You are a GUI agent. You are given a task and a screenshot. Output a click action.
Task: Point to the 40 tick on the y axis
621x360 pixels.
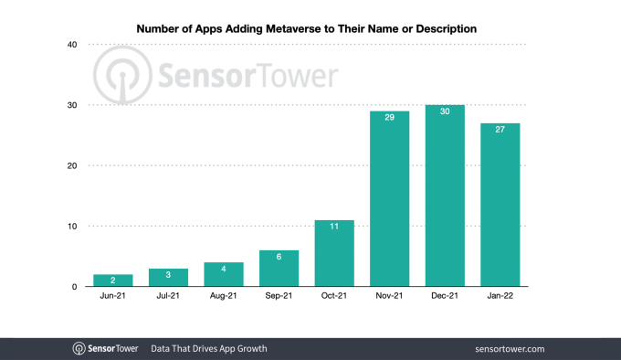[71, 45]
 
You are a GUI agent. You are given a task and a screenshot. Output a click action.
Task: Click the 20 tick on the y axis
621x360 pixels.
[71, 165]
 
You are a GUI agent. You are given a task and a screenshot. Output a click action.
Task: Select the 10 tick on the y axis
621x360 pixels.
[71, 226]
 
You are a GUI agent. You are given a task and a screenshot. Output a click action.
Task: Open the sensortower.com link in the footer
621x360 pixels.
[510, 348]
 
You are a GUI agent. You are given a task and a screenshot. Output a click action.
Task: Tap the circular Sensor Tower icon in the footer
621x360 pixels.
[80, 348]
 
